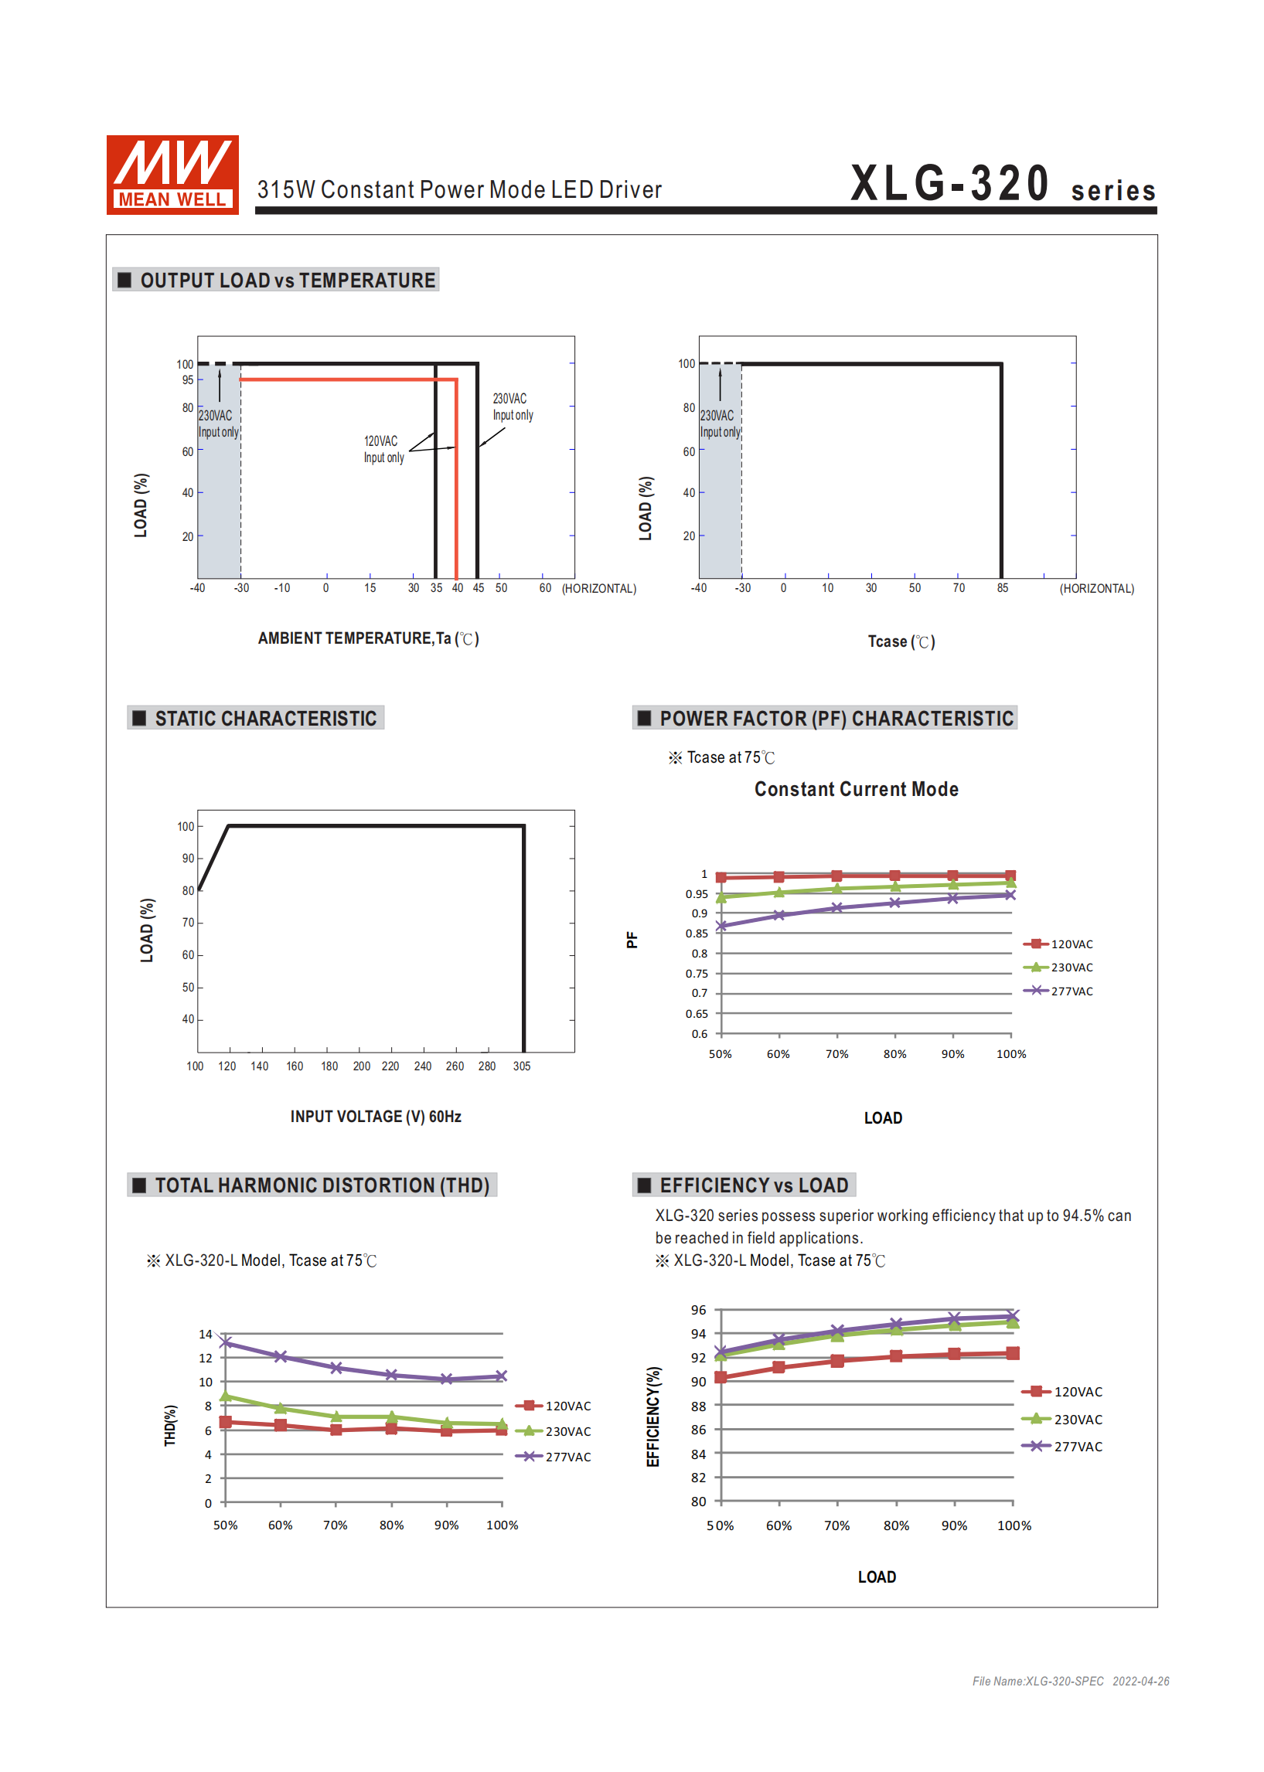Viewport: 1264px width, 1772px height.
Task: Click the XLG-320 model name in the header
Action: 949,184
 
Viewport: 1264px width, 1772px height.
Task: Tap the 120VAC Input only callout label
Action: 383,449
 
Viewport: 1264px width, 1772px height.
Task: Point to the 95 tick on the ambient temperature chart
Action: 188,379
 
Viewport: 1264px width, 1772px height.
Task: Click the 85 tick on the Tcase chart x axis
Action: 1003,588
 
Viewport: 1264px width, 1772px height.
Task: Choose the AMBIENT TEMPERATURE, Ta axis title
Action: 368,638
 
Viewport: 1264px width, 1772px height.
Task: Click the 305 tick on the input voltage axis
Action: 522,1066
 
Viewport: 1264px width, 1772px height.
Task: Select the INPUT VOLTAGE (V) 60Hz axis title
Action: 376,1116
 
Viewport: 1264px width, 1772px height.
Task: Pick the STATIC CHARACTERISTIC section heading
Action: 265,718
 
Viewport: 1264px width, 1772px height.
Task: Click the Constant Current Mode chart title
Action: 856,789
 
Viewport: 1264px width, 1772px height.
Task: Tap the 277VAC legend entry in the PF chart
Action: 1058,991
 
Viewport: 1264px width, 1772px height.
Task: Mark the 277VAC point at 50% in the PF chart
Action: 721,926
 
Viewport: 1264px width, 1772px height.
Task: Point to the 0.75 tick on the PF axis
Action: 697,973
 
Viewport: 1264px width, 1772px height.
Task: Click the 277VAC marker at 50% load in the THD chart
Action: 226,1342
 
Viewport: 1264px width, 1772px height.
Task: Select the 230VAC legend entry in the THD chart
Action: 554,1431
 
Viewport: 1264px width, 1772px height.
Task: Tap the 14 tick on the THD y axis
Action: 206,1334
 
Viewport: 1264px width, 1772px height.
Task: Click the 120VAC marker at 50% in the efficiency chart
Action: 721,1377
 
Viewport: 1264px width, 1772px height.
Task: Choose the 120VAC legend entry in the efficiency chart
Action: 1062,1392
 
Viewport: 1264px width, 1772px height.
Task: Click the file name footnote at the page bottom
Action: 1071,1681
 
